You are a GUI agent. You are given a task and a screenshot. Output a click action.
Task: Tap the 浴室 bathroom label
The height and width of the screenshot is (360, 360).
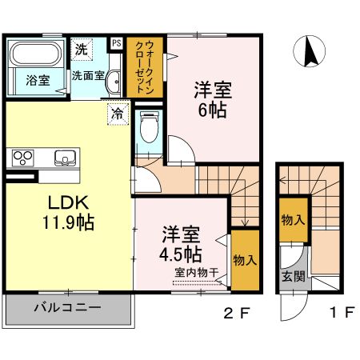coord(37,80)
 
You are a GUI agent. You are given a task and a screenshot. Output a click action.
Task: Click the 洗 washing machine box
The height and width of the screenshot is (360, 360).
coord(82,48)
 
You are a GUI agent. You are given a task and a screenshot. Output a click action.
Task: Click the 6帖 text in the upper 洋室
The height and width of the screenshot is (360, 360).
coord(212,109)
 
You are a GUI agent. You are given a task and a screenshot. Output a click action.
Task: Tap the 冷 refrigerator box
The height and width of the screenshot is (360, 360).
coord(118,114)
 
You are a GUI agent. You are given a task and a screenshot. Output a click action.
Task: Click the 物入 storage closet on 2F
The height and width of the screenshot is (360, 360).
coord(244,259)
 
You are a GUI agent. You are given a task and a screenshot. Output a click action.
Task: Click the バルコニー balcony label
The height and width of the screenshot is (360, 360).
coord(67,307)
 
